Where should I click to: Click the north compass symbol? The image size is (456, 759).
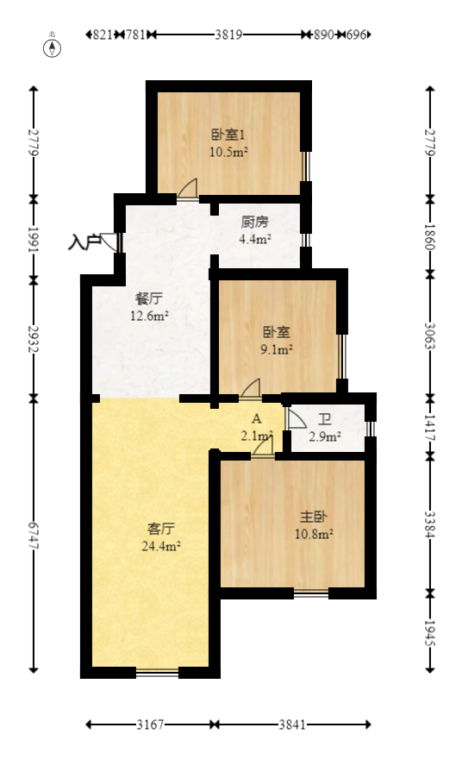[53, 47]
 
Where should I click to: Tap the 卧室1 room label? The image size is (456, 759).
[228, 135]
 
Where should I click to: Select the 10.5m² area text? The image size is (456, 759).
[228, 152]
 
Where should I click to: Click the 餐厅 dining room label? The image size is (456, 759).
[149, 298]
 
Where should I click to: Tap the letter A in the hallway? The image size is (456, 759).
[256, 420]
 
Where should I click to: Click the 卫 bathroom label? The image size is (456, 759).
[325, 420]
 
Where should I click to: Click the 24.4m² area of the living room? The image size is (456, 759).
[161, 545]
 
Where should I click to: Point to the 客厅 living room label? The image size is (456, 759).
[161, 528]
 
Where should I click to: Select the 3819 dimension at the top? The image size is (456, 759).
[228, 35]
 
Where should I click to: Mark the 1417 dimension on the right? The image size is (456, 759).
[430, 426]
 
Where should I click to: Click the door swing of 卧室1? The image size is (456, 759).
[189, 190]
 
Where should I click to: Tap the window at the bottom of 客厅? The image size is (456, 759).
[157, 672]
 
